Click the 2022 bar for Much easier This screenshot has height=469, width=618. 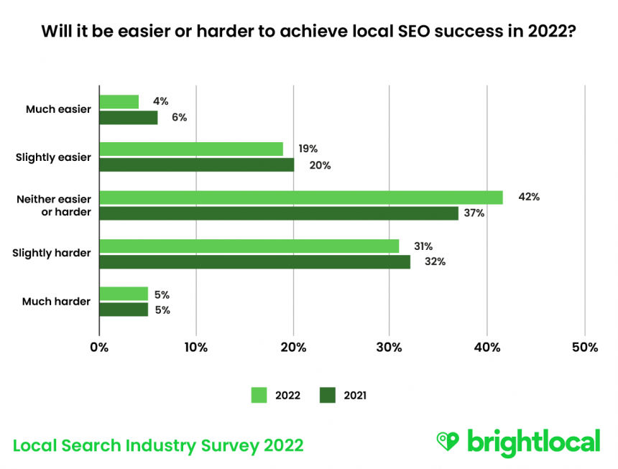point(119,102)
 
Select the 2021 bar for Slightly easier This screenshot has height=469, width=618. point(196,165)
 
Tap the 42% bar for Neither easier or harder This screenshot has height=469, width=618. point(300,198)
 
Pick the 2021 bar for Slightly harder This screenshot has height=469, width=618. point(254,262)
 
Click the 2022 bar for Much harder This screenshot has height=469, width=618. point(124,294)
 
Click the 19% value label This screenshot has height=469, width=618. point(308,149)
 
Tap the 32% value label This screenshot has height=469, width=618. point(435,262)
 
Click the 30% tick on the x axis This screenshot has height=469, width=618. point(390,348)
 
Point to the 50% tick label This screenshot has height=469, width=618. point(585,348)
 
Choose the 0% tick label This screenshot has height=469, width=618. point(99,348)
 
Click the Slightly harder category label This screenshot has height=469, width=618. point(52,253)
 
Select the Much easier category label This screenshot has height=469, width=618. point(58,109)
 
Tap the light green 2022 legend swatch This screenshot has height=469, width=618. point(259,395)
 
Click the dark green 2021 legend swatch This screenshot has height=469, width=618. point(328,395)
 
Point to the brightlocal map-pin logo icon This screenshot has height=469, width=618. point(448,441)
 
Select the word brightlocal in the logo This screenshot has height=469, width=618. point(533,441)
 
